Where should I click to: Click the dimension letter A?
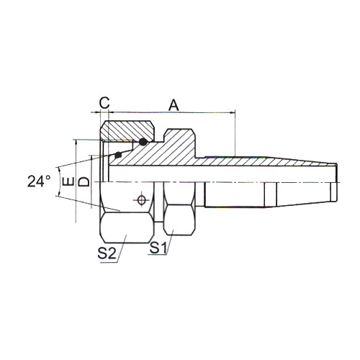(174, 105)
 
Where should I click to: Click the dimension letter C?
(104, 103)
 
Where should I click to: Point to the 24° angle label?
(39, 181)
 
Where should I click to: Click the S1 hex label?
(158, 248)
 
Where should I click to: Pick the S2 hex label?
(107, 253)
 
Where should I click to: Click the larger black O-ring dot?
(143, 142)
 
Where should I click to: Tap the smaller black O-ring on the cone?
(118, 155)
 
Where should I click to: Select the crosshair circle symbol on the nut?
(142, 199)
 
